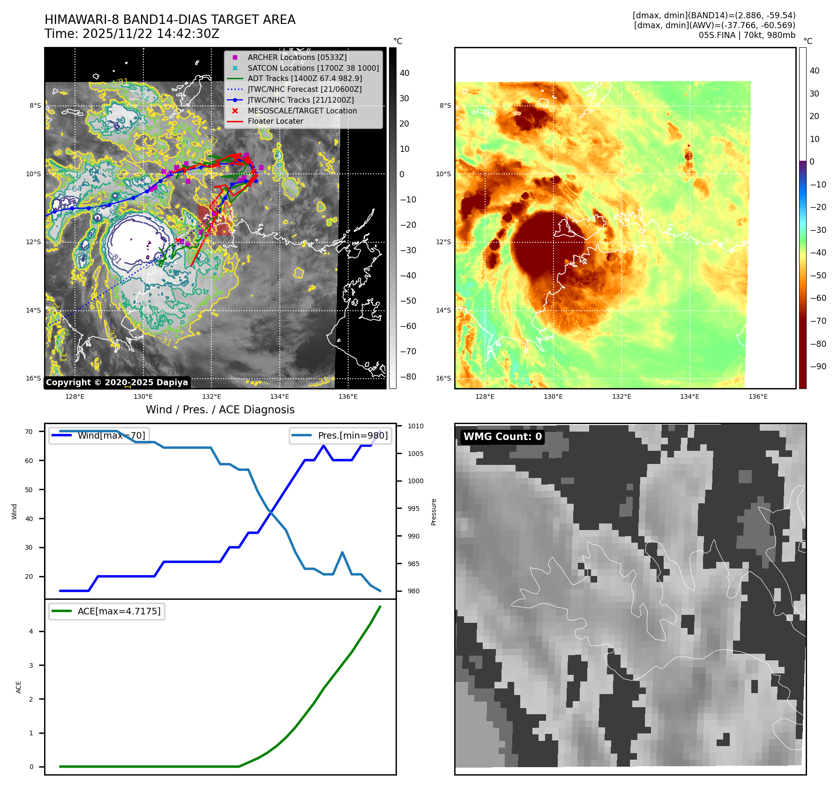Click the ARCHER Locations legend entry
297,57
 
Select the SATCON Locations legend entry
313,68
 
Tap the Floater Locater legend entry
275,121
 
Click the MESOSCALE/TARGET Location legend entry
302,111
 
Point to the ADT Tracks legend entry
305,79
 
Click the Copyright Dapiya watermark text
117,382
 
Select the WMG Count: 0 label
502,437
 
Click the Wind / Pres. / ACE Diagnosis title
220,410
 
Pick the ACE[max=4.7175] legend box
107,611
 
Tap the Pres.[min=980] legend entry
341,436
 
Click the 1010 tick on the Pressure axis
415,426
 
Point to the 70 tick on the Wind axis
29,432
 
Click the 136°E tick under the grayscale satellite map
348,397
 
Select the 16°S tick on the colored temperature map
443,379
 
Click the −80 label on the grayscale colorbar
408,377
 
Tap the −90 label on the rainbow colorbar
818,366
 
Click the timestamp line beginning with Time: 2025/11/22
132,34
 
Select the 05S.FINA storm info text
747,35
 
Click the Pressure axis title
434,512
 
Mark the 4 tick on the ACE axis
31,632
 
